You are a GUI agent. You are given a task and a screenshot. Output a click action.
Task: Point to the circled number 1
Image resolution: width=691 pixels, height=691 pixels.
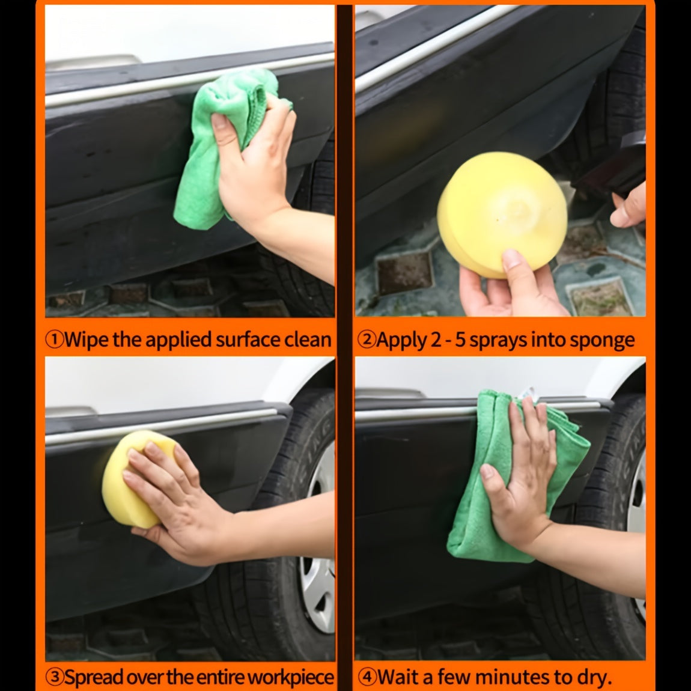tap(55, 339)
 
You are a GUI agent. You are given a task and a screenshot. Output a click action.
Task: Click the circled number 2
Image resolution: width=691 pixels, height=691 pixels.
tap(366, 339)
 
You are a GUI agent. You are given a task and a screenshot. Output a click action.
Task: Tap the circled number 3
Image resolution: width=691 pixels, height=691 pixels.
tap(55, 677)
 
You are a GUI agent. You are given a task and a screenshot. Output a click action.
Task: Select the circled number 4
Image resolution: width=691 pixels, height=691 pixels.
tap(366, 677)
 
